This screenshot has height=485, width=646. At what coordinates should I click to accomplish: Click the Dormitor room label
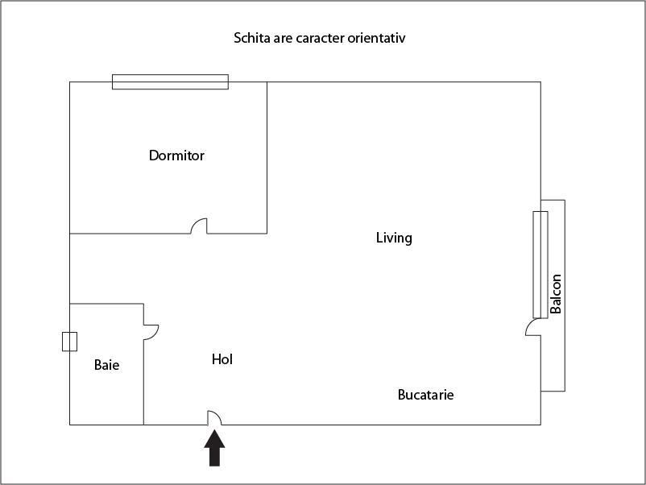click(x=176, y=155)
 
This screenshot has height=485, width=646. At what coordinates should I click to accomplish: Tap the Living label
click(x=394, y=238)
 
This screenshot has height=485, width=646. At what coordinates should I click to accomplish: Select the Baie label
click(x=106, y=365)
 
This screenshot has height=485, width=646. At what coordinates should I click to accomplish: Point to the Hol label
click(x=222, y=359)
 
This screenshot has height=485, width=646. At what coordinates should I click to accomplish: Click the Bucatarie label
click(x=425, y=395)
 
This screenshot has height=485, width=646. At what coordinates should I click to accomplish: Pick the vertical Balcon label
click(x=556, y=294)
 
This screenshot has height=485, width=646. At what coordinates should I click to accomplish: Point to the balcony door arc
click(x=532, y=326)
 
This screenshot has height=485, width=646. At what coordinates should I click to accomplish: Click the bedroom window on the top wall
click(x=170, y=81)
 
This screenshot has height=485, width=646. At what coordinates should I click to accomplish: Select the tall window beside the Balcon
click(x=540, y=264)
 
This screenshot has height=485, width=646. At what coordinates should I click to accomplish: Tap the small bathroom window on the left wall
click(x=69, y=342)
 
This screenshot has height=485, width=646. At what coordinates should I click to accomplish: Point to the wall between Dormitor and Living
click(x=267, y=157)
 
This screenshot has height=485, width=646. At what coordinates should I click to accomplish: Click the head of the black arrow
click(x=214, y=440)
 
